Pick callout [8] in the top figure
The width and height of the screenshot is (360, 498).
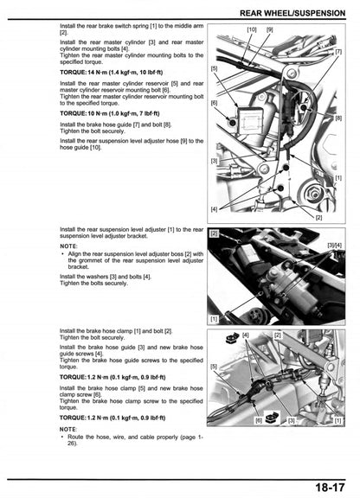click(x=337, y=118)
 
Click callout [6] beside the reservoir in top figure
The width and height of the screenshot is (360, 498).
click(x=214, y=103)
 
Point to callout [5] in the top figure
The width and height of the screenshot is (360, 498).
click(x=214, y=67)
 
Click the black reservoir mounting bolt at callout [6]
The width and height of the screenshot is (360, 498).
click(x=232, y=123)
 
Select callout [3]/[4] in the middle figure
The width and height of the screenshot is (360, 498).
click(x=334, y=246)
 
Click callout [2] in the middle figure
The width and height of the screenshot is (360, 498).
click(x=214, y=233)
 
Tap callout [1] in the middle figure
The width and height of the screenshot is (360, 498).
click(x=214, y=318)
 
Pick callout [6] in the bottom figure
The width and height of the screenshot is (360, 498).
click(x=258, y=421)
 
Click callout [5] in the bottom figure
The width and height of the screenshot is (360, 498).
click(x=214, y=367)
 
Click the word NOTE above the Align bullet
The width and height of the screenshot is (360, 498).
click(x=68, y=246)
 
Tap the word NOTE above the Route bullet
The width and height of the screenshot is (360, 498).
click(x=68, y=429)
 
